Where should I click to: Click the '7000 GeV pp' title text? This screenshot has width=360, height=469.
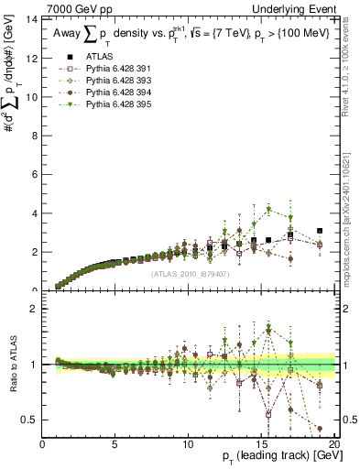coord(68,7)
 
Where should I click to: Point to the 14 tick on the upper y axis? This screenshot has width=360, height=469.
coord(34,19)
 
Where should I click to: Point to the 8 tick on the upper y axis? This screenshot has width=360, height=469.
coord(36,136)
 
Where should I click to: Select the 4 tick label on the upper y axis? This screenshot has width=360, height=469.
coord(36,213)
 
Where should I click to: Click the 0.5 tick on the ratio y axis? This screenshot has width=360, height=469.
coord(32,420)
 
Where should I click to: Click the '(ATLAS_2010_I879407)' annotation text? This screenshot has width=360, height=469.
coord(189,273)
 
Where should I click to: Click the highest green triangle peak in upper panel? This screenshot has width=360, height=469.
coord(268,209)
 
